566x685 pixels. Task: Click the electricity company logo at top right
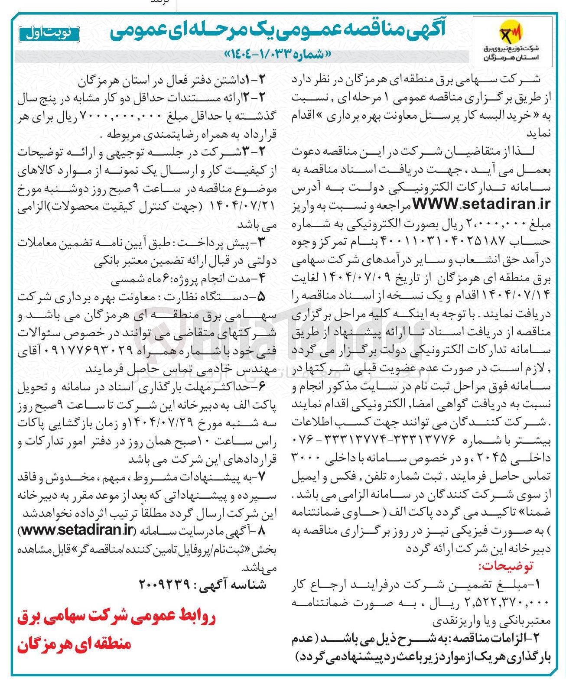[512, 41]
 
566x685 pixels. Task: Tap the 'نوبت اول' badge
[49, 34]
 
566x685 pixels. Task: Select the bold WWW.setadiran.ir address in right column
[481, 203]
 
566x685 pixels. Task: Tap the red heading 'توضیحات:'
[505, 566]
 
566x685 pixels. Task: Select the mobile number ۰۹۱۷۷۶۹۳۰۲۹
[83, 351]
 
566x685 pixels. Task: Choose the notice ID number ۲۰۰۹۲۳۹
[164, 584]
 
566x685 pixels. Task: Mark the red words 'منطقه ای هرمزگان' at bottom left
[74, 643]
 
